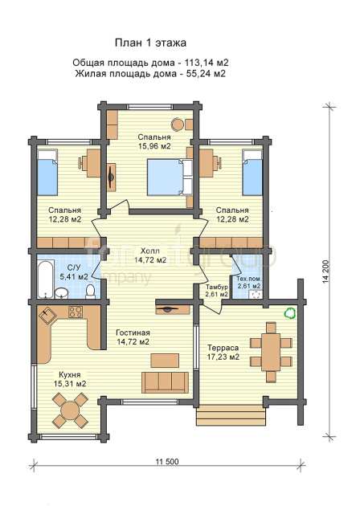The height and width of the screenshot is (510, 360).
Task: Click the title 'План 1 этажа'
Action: [150, 43]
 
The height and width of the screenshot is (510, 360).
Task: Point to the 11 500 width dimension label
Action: [167, 461]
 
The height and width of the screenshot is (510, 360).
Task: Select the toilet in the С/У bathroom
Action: [90, 292]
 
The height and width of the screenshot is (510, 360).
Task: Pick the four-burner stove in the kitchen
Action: [76, 312]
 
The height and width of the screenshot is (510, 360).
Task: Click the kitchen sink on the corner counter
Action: [47, 315]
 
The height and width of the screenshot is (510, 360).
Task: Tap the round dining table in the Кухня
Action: [70, 410]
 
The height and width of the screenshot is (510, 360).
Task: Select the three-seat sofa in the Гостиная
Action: [165, 382]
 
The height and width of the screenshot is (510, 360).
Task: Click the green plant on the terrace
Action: [289, 313]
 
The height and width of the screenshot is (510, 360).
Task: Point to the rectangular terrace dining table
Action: [271, 352]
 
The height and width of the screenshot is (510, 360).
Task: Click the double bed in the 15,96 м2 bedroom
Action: [170, 177]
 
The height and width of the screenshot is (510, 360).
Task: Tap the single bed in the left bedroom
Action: [47, 173]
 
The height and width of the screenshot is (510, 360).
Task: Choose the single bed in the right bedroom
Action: [252, 173]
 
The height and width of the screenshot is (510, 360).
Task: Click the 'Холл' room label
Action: [150, 251]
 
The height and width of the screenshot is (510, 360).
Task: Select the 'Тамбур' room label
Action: [217, 288]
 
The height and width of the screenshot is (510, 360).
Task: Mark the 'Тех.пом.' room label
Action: [249, 279]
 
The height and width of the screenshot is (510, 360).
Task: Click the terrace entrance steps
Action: [231, 415]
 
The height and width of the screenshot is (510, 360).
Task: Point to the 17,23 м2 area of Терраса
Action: [223, 357]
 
